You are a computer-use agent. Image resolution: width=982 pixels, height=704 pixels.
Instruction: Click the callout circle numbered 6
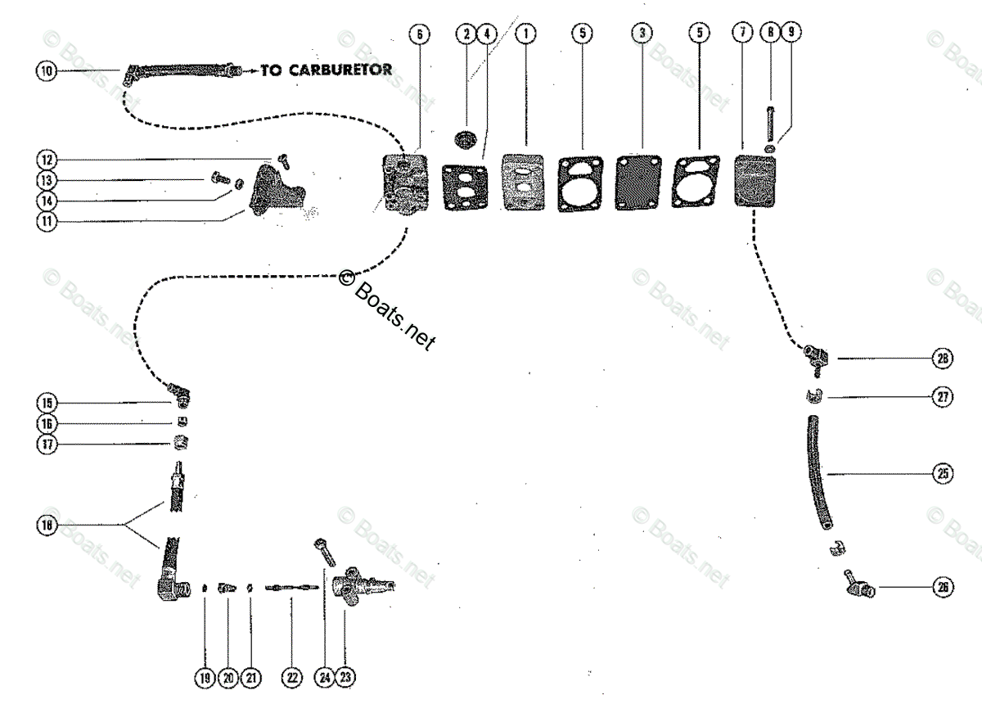pos(420,34)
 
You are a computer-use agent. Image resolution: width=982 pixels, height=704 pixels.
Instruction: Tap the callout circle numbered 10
pos(46,71)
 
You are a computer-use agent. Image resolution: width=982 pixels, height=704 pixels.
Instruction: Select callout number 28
pos(943,359)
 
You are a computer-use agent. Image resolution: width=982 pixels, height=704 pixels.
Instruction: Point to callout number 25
pos(943,473)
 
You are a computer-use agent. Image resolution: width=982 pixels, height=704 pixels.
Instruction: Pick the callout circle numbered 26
pos(943,587)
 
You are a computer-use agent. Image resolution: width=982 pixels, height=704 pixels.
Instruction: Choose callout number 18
pos(46,527)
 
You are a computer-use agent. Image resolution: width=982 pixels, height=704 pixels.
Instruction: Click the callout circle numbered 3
pos(642,34)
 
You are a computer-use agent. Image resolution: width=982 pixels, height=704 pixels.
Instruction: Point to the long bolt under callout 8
pos(770,123)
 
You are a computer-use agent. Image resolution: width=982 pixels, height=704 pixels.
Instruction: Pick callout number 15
pos(46,402)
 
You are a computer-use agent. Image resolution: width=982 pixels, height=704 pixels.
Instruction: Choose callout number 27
pos(943,398)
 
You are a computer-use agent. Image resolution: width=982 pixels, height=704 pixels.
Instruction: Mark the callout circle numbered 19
pos(204,677)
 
